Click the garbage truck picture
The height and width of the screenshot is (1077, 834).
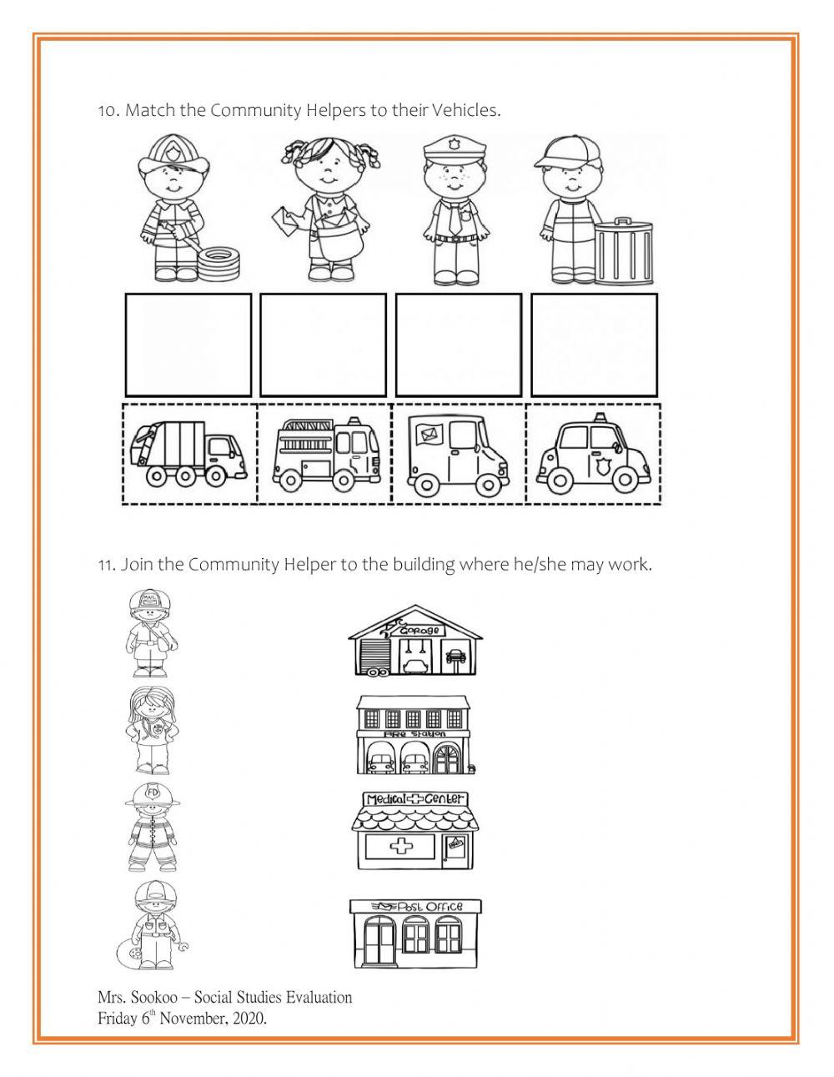point(188,454)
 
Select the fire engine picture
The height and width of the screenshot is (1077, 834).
point(326,452)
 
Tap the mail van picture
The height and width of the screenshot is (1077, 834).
point(458,455)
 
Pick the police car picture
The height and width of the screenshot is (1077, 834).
point(593,454)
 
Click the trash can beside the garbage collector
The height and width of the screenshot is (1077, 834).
point(624,251)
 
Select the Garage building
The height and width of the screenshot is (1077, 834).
point(415,641)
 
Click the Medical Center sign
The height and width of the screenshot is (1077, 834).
point(415,798)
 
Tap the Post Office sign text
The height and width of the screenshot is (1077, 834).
point(430,907)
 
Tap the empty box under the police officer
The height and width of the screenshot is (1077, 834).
point(459,345)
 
